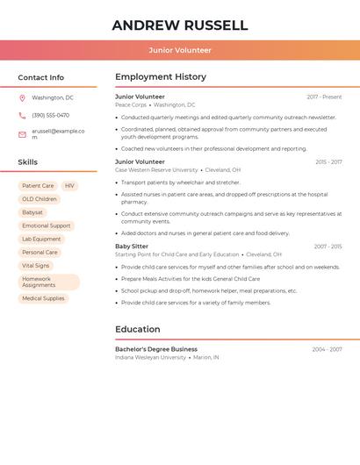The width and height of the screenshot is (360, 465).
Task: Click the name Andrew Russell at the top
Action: coord(180,25)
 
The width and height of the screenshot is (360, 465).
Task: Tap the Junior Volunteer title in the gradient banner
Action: coord(180,50)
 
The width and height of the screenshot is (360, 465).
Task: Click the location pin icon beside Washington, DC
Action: coord(22,97)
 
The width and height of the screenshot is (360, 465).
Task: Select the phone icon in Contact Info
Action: coord(22,115)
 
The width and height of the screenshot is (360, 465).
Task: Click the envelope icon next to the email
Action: coord(22,134)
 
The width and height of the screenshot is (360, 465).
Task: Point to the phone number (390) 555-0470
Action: coord(50,115)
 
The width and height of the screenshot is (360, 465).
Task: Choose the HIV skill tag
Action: coord(69,186)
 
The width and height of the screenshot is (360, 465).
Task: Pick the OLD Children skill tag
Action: coord(40,199)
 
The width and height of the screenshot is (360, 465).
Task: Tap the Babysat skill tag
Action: coord(32,212)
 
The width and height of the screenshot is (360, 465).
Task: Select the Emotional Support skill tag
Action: coord(46,225)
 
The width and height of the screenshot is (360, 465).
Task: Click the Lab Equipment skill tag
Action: coord(41,239)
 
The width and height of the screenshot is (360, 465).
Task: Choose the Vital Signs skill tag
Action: coord(36,265)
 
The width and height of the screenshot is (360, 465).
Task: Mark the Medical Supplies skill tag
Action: coord(43,298)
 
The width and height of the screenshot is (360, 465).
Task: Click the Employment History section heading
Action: coord(161,77)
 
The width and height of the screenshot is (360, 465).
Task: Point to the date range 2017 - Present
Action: coord(324,97)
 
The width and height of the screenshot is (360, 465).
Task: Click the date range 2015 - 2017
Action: coord(328,161)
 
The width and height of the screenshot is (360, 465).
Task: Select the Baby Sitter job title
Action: coord(132,247)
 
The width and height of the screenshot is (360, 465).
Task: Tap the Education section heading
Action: coord(137,329)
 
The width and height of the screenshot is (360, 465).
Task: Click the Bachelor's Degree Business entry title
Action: coord(156,349)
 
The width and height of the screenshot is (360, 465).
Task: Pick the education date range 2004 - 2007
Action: coord(327,349)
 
